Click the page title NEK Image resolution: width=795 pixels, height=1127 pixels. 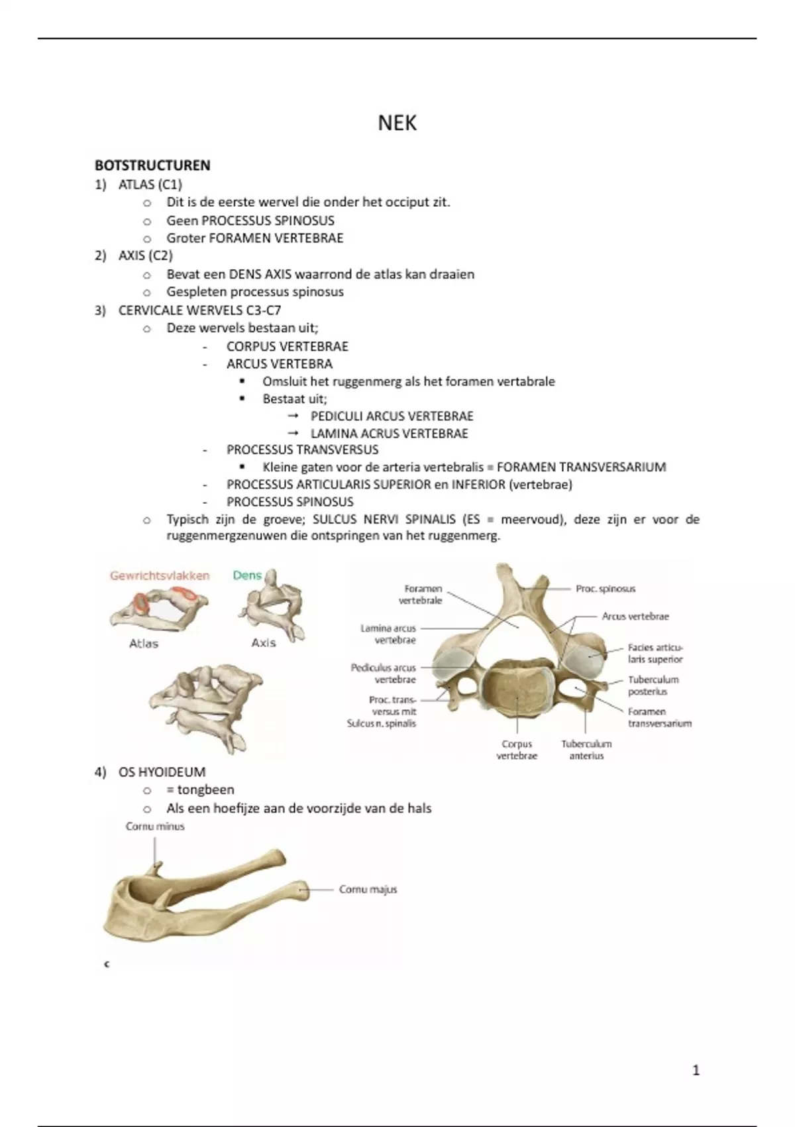click(x=397, y=123)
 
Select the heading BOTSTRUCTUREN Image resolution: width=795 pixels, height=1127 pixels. click(x=152, y=166)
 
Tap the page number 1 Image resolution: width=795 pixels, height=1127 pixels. click(x=696, y=1069)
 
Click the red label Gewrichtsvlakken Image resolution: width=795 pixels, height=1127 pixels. click(x=160, y=575)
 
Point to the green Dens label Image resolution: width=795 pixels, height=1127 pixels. click(x=247, y=575)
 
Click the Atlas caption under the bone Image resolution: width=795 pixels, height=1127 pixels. click(x=144, y=643)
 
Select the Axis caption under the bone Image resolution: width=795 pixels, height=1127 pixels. click(x=264, y=642)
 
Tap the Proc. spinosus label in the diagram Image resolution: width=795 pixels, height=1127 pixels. click(x=606, y=589)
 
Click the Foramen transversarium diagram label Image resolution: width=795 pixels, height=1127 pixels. click(x=659, y=717)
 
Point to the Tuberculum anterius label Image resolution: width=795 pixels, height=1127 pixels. click(x=586, y=750)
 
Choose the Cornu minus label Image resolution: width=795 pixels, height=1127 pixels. click(x=155, y=826)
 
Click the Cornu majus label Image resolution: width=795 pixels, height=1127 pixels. click(x=368, y=889)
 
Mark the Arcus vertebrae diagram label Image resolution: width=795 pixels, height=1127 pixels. click(x=635, y=617)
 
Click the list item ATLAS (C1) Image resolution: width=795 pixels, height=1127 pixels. click(x=150, y=184)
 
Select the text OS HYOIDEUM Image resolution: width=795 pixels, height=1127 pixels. click(x=162, y=772)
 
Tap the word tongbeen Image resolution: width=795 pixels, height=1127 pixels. click(x=205, y=790)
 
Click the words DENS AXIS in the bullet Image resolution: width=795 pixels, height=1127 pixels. click(x=260, y=274)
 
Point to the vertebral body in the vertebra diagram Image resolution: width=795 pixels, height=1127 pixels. click(x=516, y=693)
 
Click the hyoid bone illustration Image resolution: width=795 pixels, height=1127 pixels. click(x=199, y=902)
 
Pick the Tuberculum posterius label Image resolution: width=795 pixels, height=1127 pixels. click(x=653, y=685)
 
